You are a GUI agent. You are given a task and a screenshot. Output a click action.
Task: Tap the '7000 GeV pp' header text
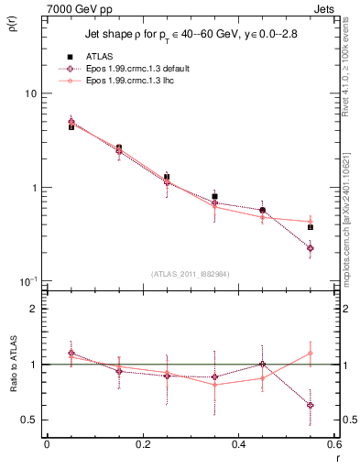point(75,8)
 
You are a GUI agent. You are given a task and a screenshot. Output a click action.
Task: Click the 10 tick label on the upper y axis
point(30,94)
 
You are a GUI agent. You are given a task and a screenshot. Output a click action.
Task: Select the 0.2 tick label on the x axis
point(142,444)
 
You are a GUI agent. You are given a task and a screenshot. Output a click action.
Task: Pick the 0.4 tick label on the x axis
point(238,444)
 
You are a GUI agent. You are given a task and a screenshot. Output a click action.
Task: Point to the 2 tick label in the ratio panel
point(33,310)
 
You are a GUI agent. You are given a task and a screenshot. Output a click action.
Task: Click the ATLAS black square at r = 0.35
point(214,196)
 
